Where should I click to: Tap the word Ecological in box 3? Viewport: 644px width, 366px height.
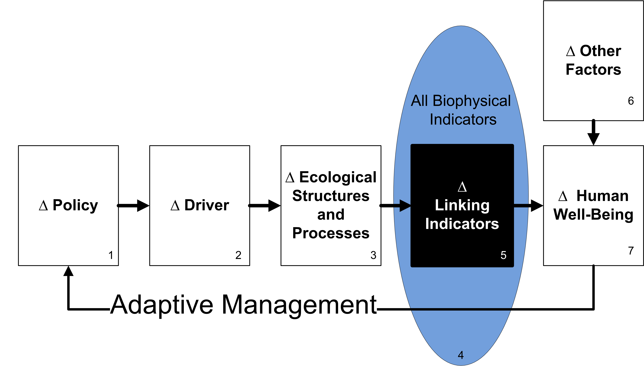pyautogui.click(x=338, y=178)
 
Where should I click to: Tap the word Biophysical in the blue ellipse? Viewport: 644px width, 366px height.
pyautogui.click(x=472, y=101)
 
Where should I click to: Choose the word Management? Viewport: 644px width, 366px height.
pyautogui.click(x=299, y=305)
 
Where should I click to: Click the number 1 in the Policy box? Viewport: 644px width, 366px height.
pyautogui.click(x=111, y=255)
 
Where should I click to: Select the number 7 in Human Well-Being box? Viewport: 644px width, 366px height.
pyautogui.click(x=631, y=251)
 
